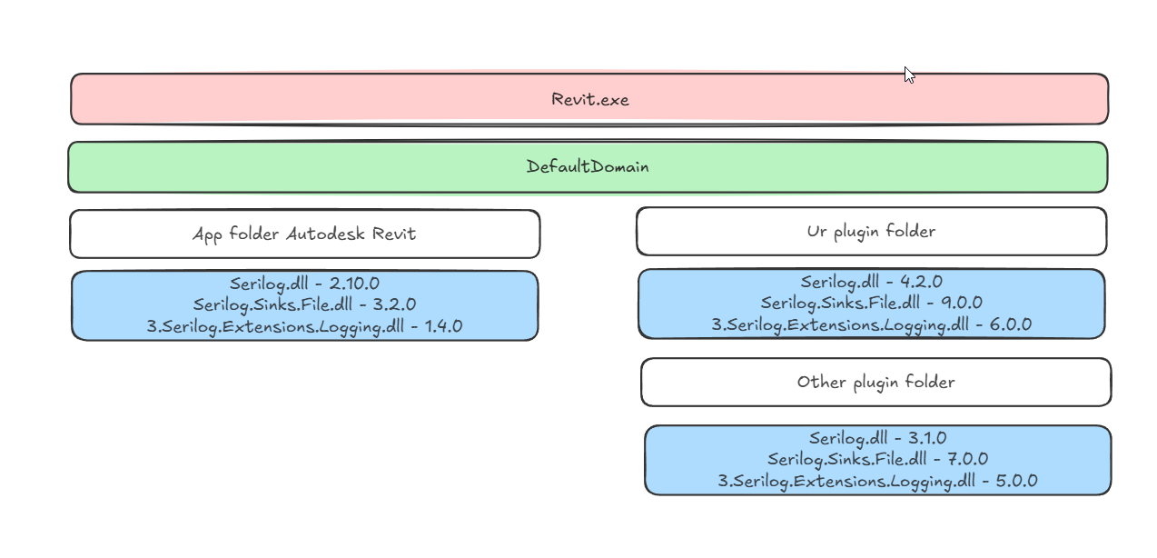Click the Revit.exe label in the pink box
point(589,99)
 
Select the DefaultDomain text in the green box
point(588,167)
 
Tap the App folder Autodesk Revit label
point(304,234)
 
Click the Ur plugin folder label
point(871,232)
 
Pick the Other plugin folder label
point(875,382)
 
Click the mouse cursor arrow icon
point(908,75)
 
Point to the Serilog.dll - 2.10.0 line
point(304,284)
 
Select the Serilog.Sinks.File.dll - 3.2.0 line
point(304,304)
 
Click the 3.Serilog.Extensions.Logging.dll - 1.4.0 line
point(304,326)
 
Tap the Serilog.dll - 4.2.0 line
point(871,282)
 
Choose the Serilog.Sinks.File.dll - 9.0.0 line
point(871,303)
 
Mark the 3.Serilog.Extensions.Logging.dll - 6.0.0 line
point(871,324)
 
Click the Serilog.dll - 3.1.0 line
point(877,438)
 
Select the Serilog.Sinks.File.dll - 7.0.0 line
point(877,459)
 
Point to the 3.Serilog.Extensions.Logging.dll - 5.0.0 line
point(877,481)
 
